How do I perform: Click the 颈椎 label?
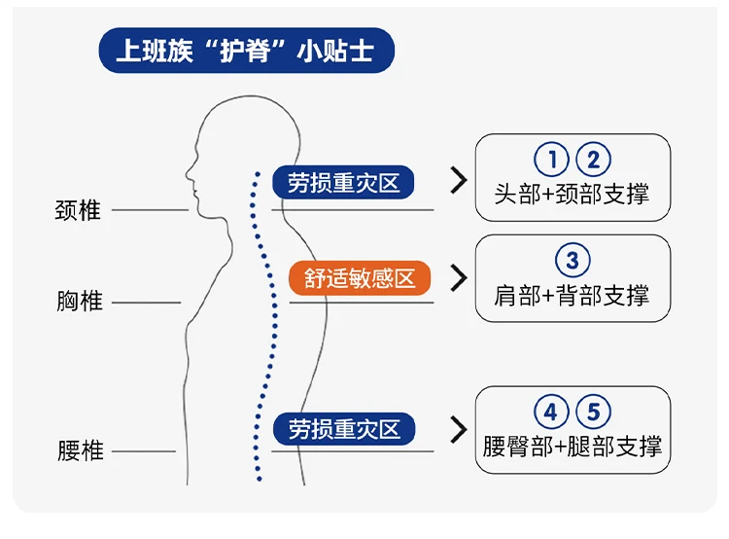click(x=78, y=210)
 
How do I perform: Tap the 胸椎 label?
click(x=79, y=302)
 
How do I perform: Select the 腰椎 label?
click(x=80, y=451)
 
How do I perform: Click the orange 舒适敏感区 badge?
click(x=360, y=279)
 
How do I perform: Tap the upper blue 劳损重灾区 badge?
click(x=343, y=182)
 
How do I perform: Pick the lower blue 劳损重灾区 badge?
click(x=343, y=429)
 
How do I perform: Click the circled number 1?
click(x=551, y=161)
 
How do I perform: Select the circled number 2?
click(x=593, y=161)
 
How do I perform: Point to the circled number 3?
click(x=573, y=261)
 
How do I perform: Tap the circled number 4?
click(x=551, y=413)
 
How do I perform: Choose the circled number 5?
click(x=593, y=413)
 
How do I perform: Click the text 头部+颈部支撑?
click(x=572, y=194)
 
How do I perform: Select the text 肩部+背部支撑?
click(x=572, y=295)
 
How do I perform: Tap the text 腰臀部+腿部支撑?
click(x=573, y=447)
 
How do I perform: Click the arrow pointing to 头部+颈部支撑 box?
click(x=459, y=180)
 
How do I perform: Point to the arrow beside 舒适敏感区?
click(x=459, y=278)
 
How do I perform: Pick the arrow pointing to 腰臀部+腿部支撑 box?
click(x=459, y=429)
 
